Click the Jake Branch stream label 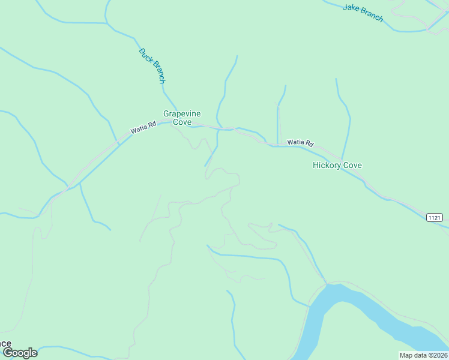tap(363, 13)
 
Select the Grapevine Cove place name tap(182, 118)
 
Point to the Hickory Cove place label tap(337, 166)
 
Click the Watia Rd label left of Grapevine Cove tap(143, 127)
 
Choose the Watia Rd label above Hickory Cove tap(300, 143)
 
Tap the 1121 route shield tap(435, 217)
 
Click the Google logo tap(20, 353)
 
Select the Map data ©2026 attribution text tap(423, 355)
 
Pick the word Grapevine tap(182, 113)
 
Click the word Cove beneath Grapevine tap(182, 122)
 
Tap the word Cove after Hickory tap(352, 166)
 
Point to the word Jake tap(351, 8)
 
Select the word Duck tap(145, 56)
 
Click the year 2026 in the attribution tap(438, 355)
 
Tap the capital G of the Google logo tap(8, 353)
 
